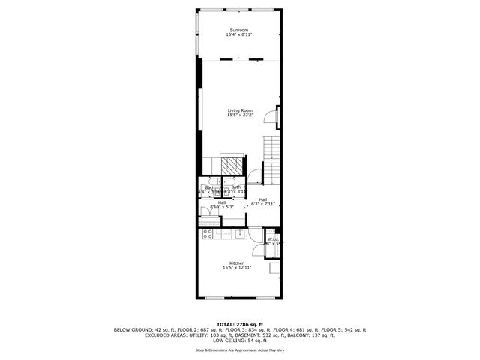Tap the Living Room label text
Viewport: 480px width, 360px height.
click(x=240, y=110)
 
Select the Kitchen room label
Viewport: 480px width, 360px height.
click(x=237, y=262)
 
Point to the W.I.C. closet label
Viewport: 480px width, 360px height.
click(x=273, y=239)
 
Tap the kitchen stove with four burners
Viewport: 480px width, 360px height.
click(x=206, y=235)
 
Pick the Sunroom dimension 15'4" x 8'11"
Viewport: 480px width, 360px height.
click(x=240, y=35)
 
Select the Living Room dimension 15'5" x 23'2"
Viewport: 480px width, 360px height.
click(x=240, y=115)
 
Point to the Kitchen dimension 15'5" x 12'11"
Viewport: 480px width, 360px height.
click(x=237, y=268)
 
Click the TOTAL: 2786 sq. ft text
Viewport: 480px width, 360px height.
click(x=240, y=324)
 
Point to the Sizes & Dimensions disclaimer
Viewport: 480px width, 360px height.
click(x=240, y=349)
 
